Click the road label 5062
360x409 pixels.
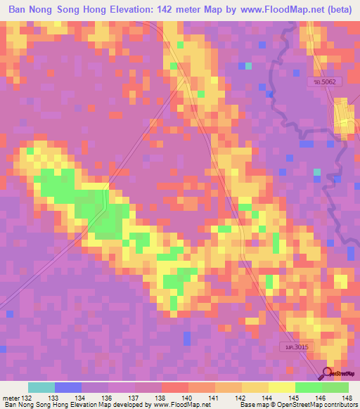[x=326, y=83]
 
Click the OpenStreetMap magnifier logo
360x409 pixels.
[x=328, y=372]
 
